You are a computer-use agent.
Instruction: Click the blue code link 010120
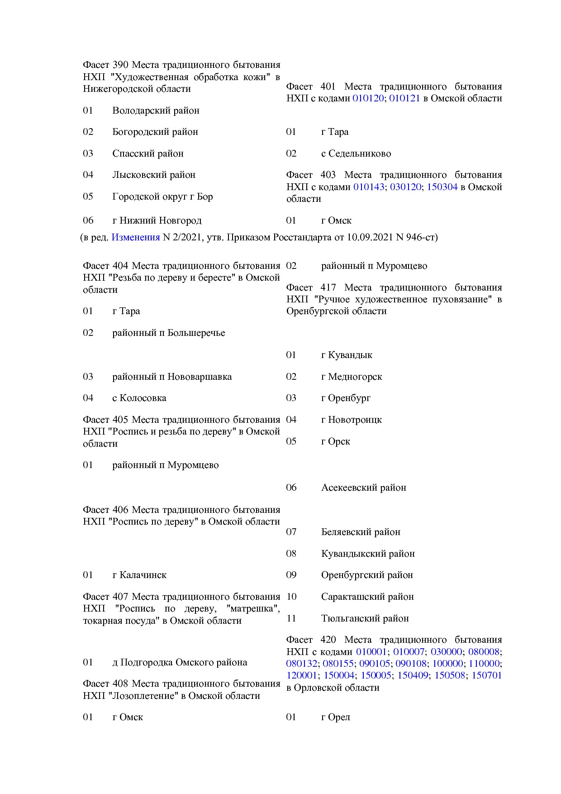368,98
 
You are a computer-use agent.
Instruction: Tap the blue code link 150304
442,187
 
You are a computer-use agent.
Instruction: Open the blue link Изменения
135,237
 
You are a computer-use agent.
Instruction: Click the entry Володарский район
156,110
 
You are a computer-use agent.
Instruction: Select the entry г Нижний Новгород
157,220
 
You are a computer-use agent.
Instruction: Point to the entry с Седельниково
356,153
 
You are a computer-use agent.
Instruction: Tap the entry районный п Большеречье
168,333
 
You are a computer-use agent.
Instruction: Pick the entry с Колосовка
139,398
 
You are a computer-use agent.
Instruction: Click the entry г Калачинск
139,575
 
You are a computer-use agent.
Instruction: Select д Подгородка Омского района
179,662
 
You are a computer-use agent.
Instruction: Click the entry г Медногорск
351,377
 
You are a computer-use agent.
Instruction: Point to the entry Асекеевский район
363,488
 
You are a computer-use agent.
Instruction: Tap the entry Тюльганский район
365,618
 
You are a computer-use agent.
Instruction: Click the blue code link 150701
486,675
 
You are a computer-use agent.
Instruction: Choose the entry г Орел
335,717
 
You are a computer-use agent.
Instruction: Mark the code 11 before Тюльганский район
291,618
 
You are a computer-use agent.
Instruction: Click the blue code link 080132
301,664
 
